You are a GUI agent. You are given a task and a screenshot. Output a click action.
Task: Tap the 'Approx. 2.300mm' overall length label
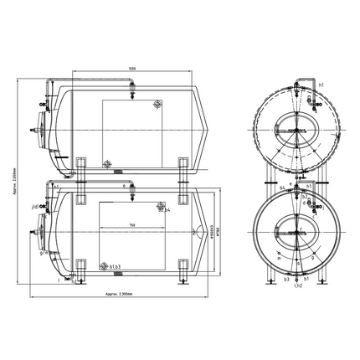[x=122, y=295]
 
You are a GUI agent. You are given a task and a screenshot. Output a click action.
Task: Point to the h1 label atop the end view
[x=321, y=85]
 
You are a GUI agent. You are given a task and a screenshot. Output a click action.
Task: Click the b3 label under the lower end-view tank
[x=285, y=280]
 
